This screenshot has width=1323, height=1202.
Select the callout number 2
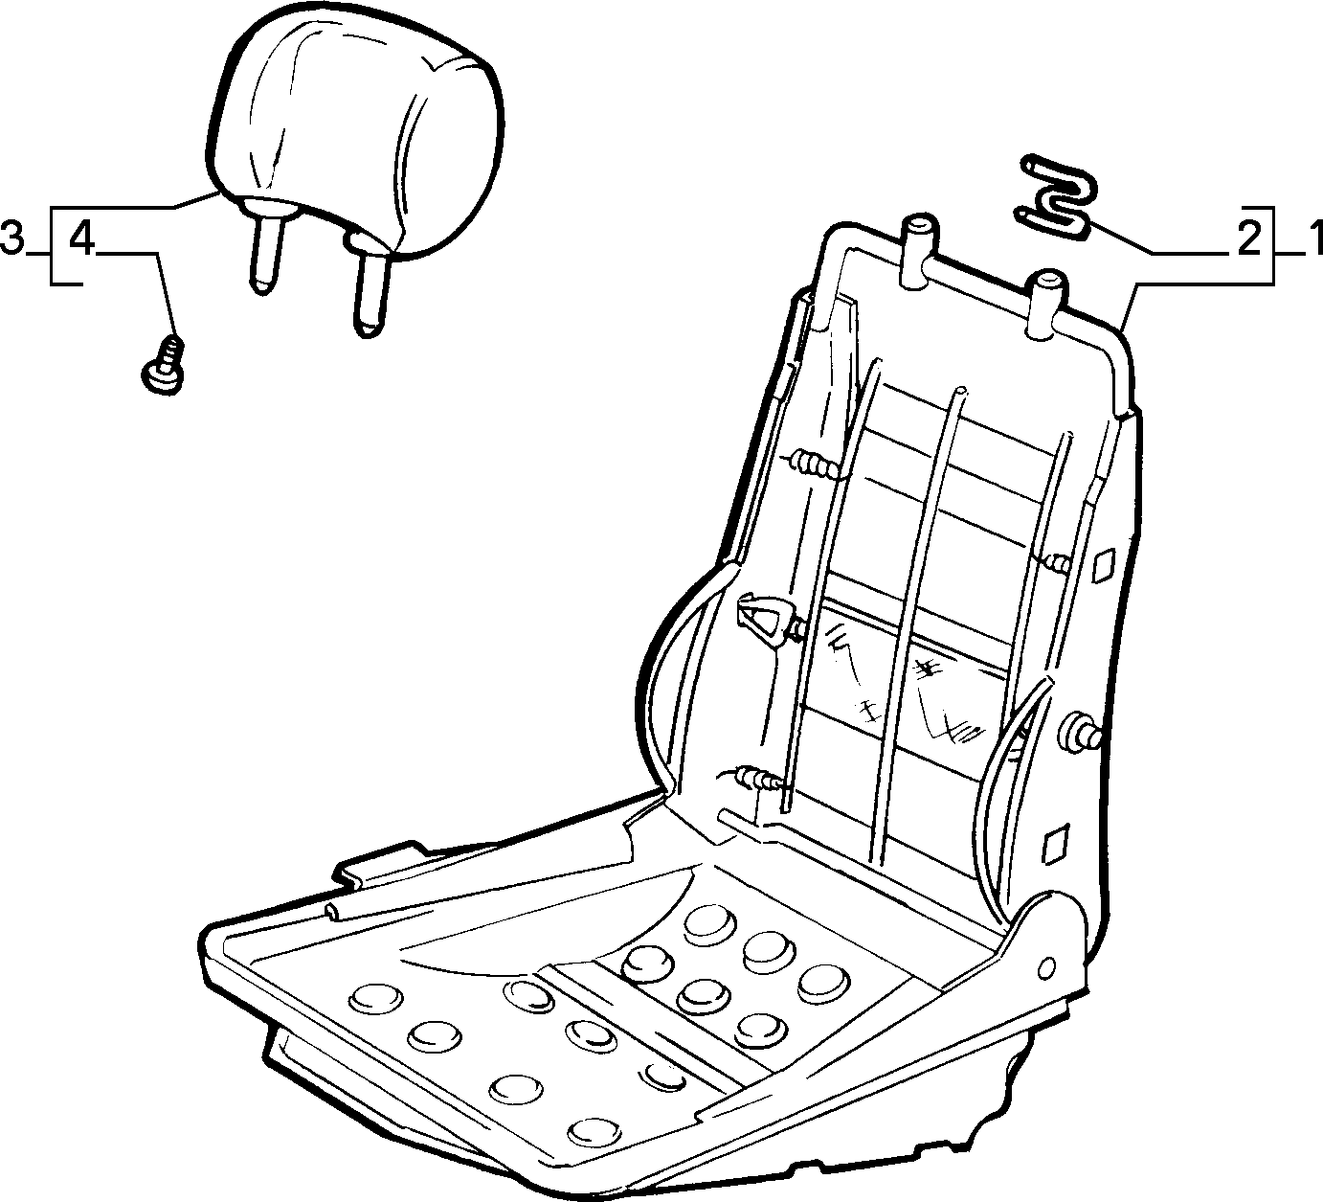(x=1247, y=238)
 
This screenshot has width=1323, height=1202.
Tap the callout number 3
(x=12, y=238)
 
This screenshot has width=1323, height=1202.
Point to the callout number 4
(x=81, y=238)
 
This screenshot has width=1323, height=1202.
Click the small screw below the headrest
(x=164, y=364)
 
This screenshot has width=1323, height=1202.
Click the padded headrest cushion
(x=356, y=132)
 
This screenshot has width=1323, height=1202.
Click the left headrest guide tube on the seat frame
(x=917, y=251)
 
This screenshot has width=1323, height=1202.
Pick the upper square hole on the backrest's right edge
(x=1104, y=564)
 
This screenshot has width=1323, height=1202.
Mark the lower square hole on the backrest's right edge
(x=1055, y=844)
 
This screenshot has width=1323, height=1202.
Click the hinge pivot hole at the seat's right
(x=1045, y=967)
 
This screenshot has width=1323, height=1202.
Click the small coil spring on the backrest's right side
(x=1057, y=561)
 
